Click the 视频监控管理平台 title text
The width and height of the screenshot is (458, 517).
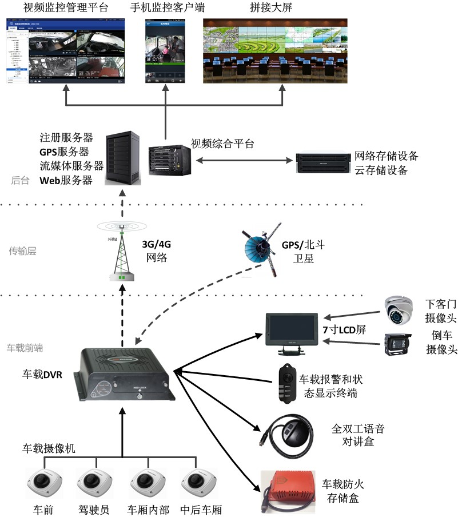click(65, 9)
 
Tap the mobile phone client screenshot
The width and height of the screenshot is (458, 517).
click(166, 52)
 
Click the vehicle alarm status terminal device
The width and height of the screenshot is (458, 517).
click(286, 379)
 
